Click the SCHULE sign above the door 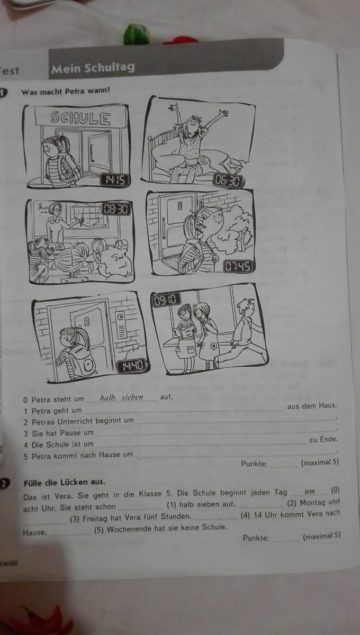pyautogui.click(x=81, y=117)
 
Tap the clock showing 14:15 pyautogui.click(x=115, y=180)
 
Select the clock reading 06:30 pyautogui.click(x=228, y=180)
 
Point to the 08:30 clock pyautogui.click(x=116, y=209)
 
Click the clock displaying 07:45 pyautogui.click(x=238, y=266)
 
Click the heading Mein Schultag pyautogui.click(x=93, y=68)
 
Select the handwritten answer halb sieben pyautogui.click(x=121, y=397)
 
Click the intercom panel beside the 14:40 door pyautogui.click(x=121, y=326)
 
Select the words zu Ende pyautogui.click(x=323, y=440)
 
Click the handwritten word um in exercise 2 pyautogui.click(x=310, y=492)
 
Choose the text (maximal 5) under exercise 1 pyautogui.click(x=320, y=462)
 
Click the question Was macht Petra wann pyautogui.click(x=65, y=92)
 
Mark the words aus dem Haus pyautogui.click(x=312, y=406)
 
